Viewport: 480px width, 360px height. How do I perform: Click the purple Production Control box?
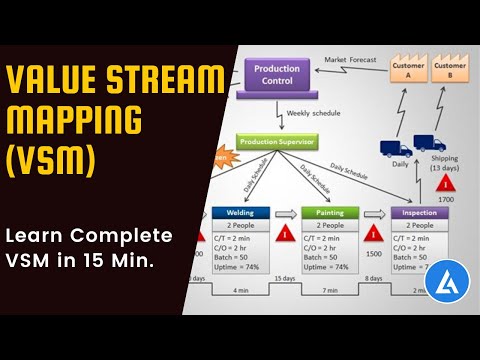277,76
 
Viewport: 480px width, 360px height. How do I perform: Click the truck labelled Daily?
394,148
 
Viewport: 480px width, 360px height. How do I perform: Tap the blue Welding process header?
241,213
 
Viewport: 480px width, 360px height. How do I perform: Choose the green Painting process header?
329,213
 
